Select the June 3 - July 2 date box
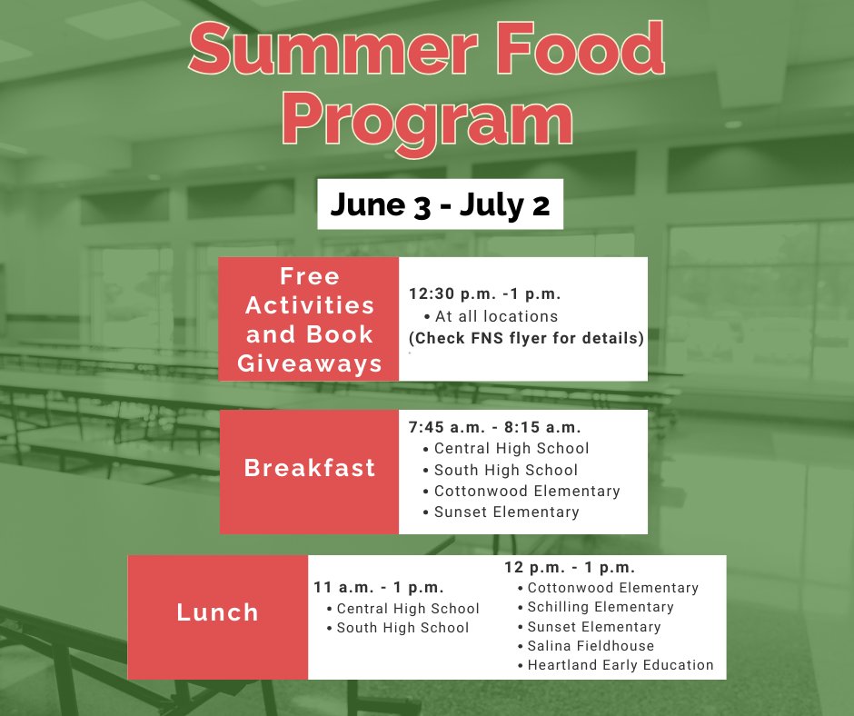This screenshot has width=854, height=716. pos(440,205)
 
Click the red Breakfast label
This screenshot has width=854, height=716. pos(309,469)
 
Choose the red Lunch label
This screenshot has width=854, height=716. pos(218,612)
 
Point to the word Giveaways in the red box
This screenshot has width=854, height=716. pos(309,364)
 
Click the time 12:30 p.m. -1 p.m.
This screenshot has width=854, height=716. pos(485,294)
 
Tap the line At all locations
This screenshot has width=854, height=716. pos(496,316)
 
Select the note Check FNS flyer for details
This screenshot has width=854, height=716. pos(526,338)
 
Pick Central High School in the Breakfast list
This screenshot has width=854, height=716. pos(511,448)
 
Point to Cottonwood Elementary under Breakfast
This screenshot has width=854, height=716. pos(527,491)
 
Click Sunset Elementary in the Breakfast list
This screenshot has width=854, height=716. pos(506,512)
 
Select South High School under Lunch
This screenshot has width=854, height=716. pos(402,628)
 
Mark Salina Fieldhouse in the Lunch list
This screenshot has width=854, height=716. pos(591,646)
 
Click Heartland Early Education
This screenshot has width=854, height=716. pos(621,665)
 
